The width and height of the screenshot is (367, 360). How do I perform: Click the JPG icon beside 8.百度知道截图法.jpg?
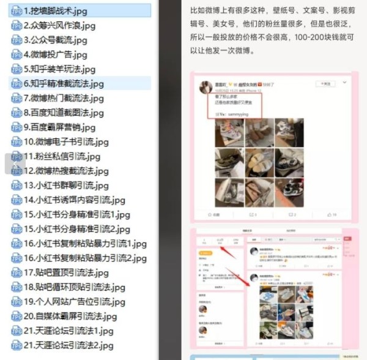[17, 113]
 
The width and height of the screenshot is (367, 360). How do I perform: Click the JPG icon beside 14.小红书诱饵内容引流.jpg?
[17, 200]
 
